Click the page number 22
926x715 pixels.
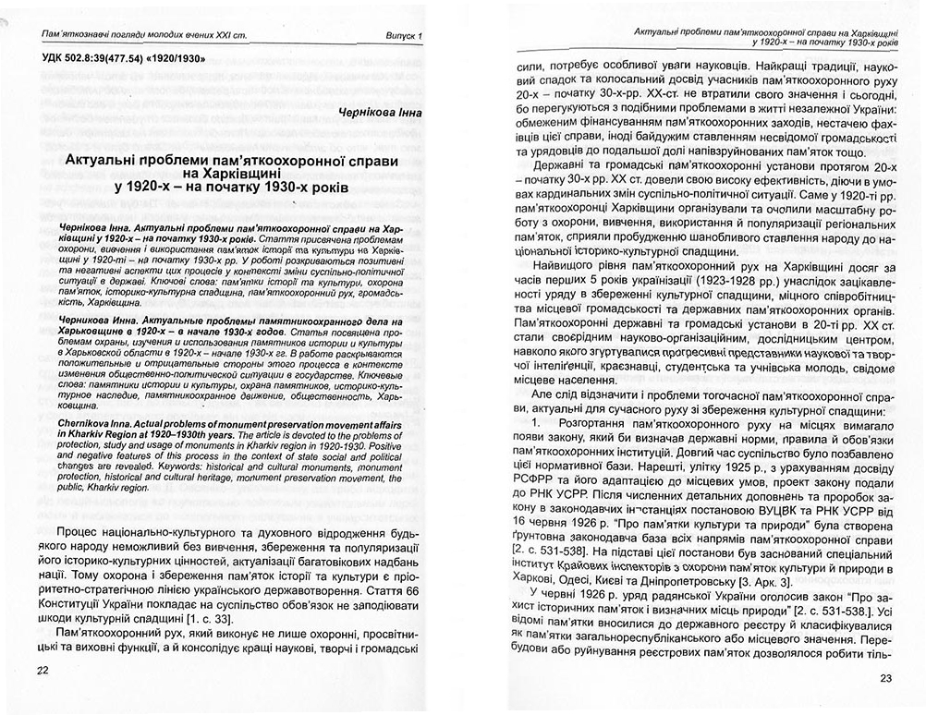coord(43,670)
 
